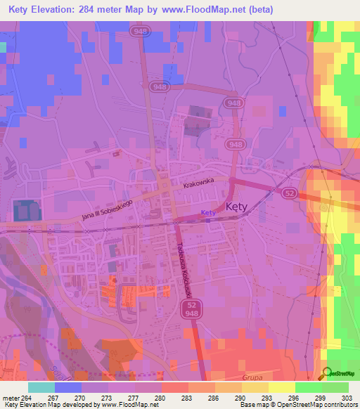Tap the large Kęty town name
coord(238,207)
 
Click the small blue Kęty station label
coord(207,213)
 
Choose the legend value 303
coord(349,398)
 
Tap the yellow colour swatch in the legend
coord(282,387)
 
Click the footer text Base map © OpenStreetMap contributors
coord(296,405)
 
